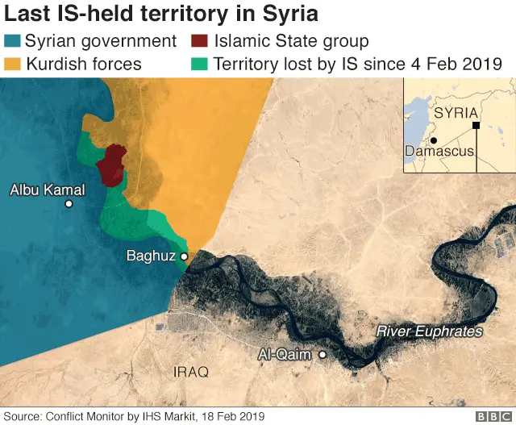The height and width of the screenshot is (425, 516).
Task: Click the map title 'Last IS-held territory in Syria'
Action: click(161, 14)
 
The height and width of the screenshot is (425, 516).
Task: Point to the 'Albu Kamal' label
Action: click(47, 190)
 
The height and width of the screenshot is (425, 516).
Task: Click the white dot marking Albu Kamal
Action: click(69, 204)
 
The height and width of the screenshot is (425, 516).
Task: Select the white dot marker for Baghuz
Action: click(184, 256)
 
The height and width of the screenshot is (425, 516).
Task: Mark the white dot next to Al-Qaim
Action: click(322, 354)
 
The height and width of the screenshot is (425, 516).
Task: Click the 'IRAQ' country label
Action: click(191, 372)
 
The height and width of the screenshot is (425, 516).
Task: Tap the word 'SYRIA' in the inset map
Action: click(456, 113)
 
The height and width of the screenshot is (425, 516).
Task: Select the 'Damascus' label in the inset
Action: click(439, 151)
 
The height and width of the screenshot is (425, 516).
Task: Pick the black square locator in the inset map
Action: click(476, 126)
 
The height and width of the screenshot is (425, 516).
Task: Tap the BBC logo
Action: click(493, 416)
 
